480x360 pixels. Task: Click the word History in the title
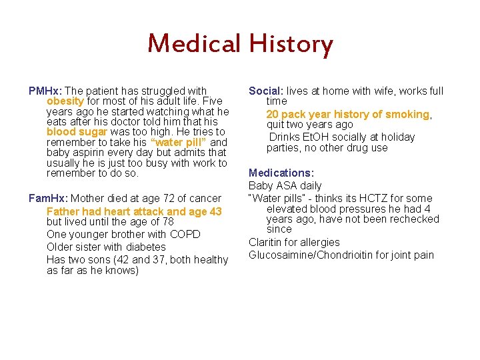point(291,45)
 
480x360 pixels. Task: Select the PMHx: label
point(45,91)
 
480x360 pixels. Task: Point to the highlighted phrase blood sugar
point(71,132)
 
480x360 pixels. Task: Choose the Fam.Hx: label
point(48,198)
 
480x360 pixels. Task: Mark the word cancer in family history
point(206,198)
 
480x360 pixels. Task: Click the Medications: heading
point(281,173)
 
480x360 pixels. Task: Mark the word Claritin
point(267,242)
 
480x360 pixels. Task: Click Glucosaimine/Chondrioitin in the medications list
point(314,255)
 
